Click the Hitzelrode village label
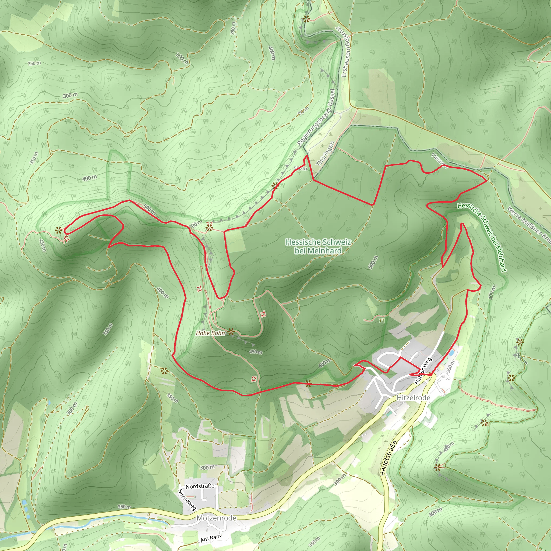tap(413, 398)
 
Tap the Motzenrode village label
tap(217, 518)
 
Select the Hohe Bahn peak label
tap(210, 333)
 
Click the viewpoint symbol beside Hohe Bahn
tap(231, 332)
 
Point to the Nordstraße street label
tap(200, 486)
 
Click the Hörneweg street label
tap(187, 499)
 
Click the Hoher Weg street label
tap(423, 370)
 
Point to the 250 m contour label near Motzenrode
tap(124, 507)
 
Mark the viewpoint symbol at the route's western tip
tap(58, 230)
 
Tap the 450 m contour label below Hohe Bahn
tap(256, 352)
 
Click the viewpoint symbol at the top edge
tap(306, 19)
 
